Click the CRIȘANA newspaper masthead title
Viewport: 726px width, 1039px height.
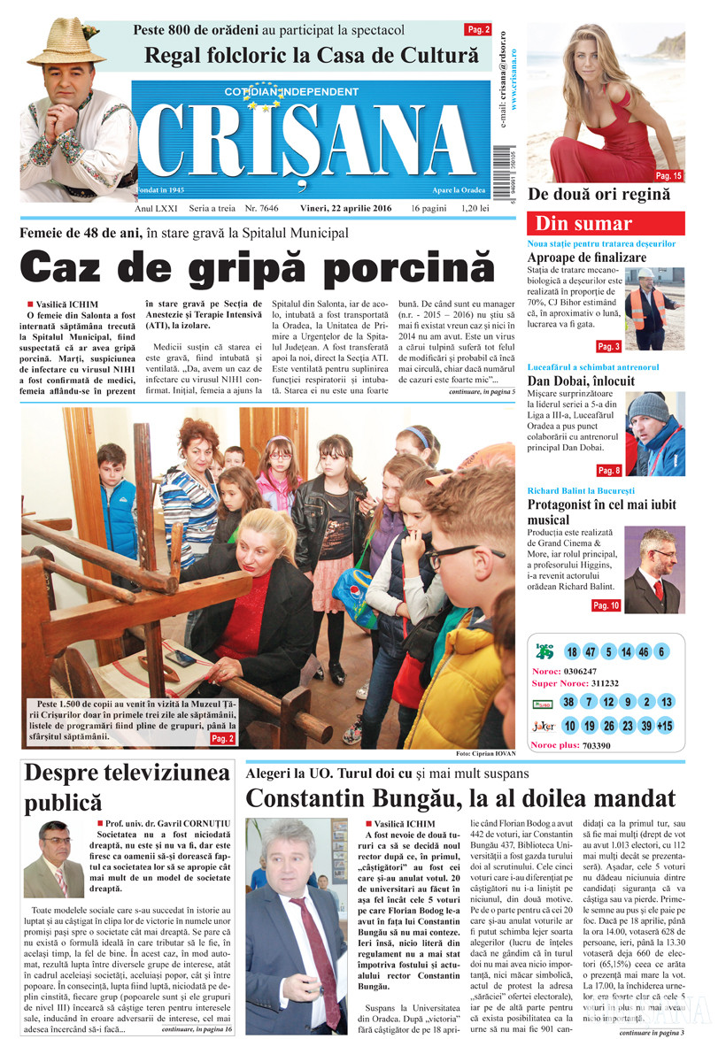click(x=310, y=142)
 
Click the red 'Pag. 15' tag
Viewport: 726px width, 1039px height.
click(x=668, y=176)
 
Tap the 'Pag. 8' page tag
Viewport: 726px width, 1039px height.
click(x=609, y=470)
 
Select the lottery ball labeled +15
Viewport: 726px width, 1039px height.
click(x=665, y=726)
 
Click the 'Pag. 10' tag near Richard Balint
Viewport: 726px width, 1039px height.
click(x=606, y=605)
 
